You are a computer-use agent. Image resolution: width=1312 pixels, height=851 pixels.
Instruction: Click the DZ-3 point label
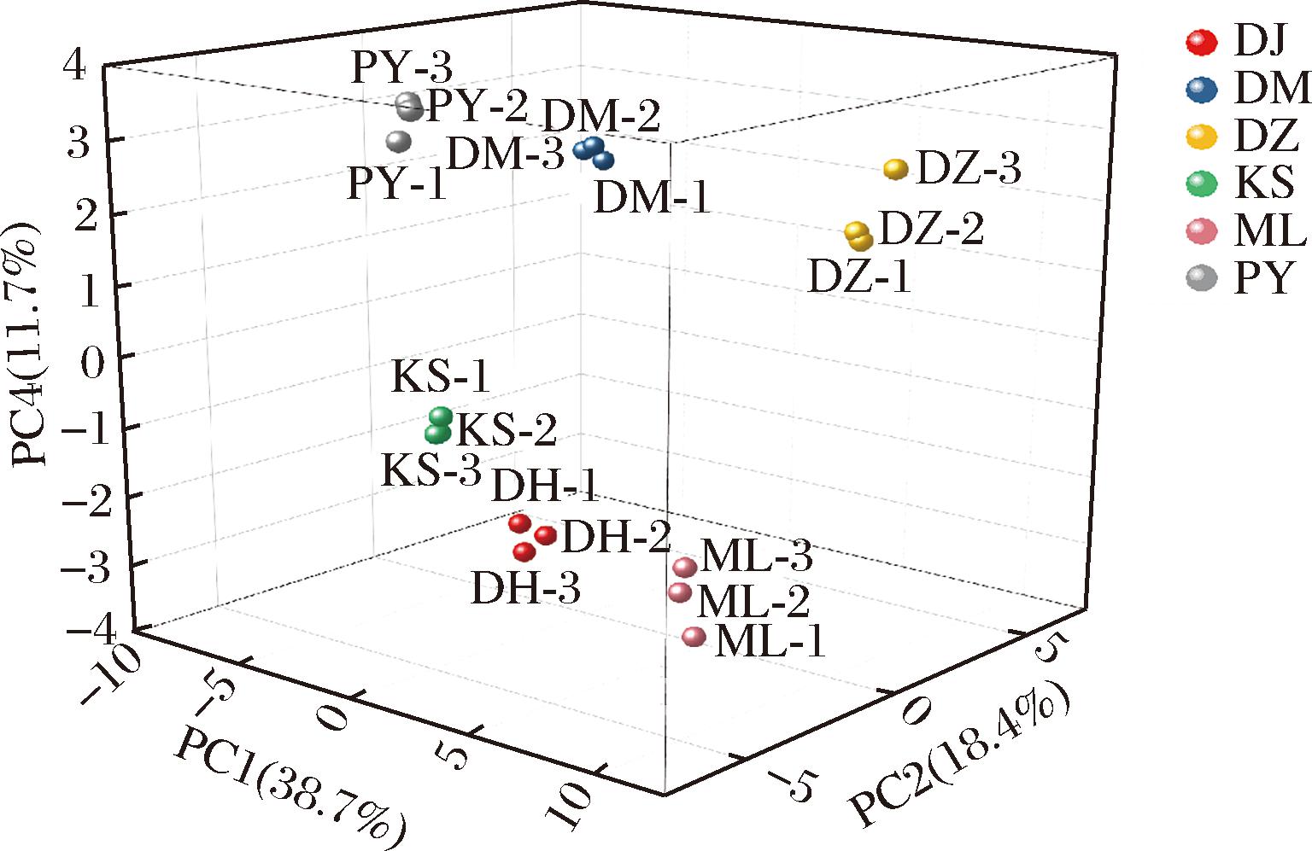(x=968, y=171)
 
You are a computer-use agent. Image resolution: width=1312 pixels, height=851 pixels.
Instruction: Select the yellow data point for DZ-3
(x=895, y=169)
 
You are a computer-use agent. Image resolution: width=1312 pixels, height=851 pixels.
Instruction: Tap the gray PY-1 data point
(x=399, y=142)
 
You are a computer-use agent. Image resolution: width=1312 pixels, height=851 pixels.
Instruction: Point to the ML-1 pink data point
(x=694, y=636)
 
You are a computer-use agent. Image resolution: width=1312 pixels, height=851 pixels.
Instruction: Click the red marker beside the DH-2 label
(x=546, y=535)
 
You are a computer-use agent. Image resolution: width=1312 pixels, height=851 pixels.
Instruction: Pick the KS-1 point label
(x=441, y=378)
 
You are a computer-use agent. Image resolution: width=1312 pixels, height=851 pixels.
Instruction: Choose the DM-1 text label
(x=652, y=200)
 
